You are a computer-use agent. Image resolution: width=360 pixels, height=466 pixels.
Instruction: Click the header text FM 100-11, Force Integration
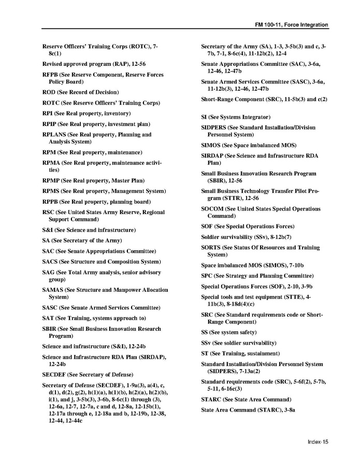tap(292, 25)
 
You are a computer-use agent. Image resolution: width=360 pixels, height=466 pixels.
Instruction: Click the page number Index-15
tap(318, 442)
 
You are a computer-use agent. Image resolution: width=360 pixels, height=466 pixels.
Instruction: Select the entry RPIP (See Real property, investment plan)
tap(96, 124)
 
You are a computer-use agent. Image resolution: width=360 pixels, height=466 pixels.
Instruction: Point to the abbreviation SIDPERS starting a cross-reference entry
tap(213, 128)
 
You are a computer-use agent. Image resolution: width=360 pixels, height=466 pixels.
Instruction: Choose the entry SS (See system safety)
tap(228, 332)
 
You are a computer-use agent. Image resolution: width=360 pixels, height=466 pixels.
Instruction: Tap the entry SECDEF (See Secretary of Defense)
tap(88, 374)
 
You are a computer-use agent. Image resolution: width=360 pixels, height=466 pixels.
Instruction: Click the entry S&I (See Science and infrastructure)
tap(89, 230)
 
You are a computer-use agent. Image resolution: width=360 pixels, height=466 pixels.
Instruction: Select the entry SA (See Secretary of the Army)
tap(82, 241)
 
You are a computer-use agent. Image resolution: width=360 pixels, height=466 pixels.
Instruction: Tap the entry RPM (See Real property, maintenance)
tap(92, 152)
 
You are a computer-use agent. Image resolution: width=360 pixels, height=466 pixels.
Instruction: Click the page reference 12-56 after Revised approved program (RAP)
tap(137, 64)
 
